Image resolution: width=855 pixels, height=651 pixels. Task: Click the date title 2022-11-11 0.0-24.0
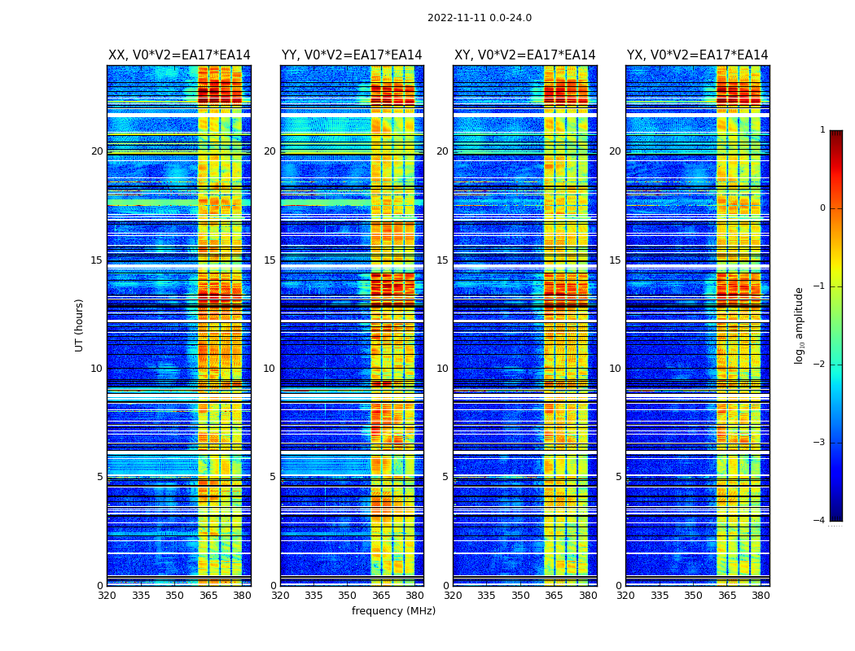click(479, 18)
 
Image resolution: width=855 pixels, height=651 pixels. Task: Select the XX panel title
click(179, 55)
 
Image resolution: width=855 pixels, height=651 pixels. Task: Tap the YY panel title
click(352, 55)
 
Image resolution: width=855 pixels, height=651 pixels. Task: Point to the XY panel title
click(524, 55)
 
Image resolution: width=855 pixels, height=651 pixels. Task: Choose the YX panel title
click(697, 55)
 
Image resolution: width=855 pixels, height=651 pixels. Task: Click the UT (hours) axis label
click(80, 325)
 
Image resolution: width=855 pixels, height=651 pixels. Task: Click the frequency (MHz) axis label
click(393, 611)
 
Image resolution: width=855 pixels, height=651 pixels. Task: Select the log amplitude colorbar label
click(800, 325)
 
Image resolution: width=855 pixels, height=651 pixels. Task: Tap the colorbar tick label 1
click(822, 130)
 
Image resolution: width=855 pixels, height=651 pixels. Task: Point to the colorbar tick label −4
click(819, 521)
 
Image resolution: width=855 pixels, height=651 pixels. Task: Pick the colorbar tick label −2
click(819, 365)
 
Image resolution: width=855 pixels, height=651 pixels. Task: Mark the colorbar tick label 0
click(822, 208)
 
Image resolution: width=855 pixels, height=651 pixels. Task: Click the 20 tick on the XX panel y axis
click(97, 151)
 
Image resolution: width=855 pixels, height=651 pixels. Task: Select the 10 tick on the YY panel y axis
click(270, 369)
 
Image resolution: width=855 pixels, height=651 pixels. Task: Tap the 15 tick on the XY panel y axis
click(442, 260)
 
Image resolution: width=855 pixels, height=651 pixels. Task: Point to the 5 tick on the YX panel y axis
click(618, 477)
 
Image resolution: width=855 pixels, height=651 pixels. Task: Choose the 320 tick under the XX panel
click(107, 596)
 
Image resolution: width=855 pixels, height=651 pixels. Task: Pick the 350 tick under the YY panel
click(347, 596)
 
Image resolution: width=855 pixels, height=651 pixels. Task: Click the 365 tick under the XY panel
click(554, 596)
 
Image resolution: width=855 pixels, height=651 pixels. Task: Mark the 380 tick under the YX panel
click(761, 596)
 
